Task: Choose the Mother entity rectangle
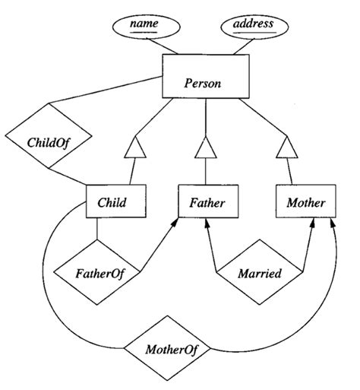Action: coord(305,203)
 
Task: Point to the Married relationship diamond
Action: coord(261,271)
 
